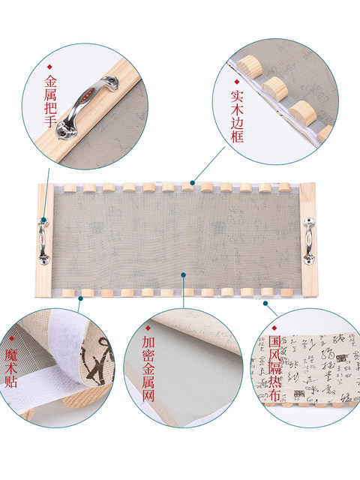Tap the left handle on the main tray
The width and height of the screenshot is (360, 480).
pyautogui.click(x=43, y=238)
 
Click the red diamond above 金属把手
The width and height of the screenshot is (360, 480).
pyautogui.click(x=51, y=66)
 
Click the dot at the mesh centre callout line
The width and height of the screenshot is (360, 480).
pyautogui.click(x=184, y=274)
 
